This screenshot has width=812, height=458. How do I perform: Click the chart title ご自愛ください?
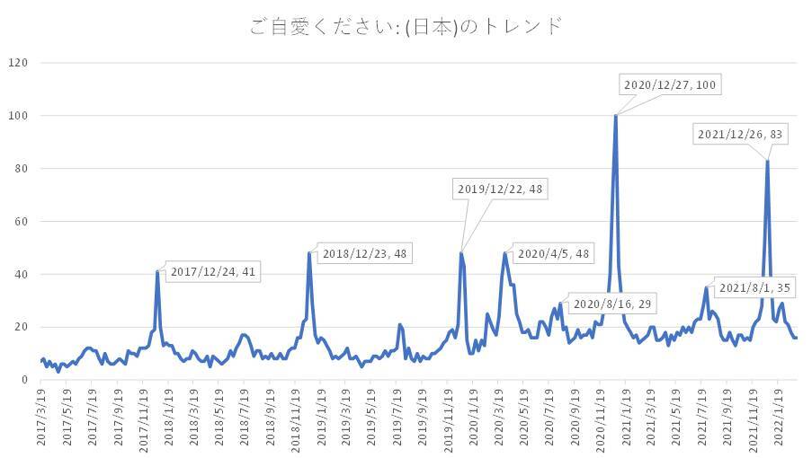tap(406, 25)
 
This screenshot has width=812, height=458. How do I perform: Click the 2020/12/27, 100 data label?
tap(671, 84)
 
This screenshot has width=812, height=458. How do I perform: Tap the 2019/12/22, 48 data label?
tap(500, 189)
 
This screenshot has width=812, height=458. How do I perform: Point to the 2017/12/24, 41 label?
tap(214, 271)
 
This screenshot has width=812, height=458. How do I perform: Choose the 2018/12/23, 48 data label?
tap(365, 254)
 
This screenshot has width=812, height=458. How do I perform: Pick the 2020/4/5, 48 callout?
tap(552, 254)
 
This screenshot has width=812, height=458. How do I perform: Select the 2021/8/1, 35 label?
tap(755, 287)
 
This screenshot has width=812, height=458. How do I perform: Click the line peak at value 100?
tap(615, 115)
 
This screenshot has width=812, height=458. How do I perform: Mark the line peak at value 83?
tap(767, 161)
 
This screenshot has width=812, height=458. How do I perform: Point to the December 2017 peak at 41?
tap(157, 271)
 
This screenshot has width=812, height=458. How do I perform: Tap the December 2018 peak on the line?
tap(309, 253)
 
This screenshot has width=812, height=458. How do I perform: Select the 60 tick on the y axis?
tap(22, 221)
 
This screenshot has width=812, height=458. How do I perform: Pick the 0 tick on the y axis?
tap(25, 380)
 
